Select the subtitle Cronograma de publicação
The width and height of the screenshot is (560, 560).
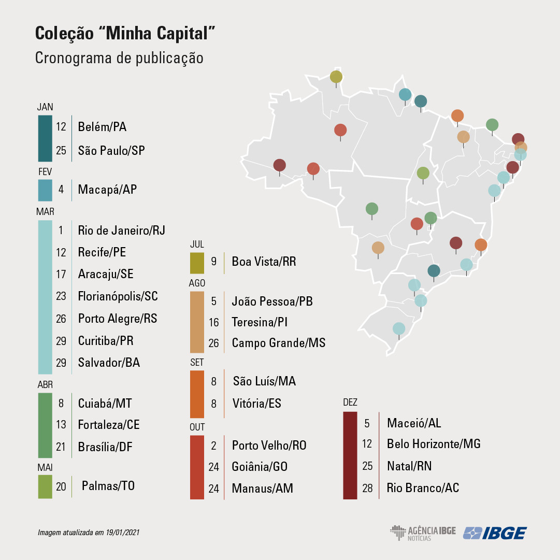point(119,58)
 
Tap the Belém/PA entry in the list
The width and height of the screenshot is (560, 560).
point(102,127)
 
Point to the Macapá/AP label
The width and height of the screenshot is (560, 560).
point(107,190)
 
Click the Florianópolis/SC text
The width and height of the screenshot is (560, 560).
point(118,296)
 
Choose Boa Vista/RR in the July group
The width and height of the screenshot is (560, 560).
point(264,262)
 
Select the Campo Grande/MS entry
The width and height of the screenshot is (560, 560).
point(278,343)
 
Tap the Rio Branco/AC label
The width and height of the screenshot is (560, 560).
point(423,488)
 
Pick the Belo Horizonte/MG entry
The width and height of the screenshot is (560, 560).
point(434,444)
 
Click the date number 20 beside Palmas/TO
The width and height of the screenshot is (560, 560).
point(61,487)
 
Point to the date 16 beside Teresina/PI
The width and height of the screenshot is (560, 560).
point(214,323)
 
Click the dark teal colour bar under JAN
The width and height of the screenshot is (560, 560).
point(45,138)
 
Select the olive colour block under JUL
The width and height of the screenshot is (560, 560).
point(197,263)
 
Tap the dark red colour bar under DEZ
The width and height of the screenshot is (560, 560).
point(350,455)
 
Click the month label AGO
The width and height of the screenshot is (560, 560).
point(197,283)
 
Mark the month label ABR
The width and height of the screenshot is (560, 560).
point(45,385)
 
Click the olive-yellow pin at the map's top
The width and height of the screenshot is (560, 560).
point(336,77)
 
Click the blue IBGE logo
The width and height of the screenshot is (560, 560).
point(495,533)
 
